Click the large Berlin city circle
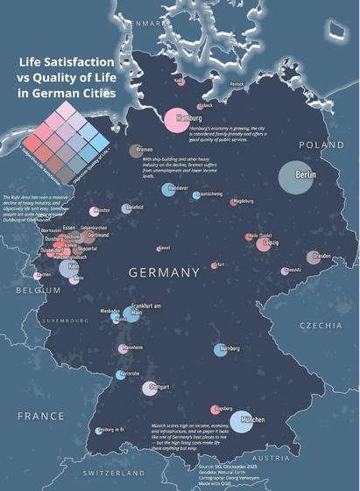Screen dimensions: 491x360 click(297, 176)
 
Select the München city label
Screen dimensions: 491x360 click(252, 420)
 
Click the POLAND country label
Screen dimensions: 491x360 click(322, 144)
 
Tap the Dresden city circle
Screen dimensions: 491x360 click(314, 257)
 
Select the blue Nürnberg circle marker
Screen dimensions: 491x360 click(220, 350)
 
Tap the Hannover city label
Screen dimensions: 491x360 click(178, 187)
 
